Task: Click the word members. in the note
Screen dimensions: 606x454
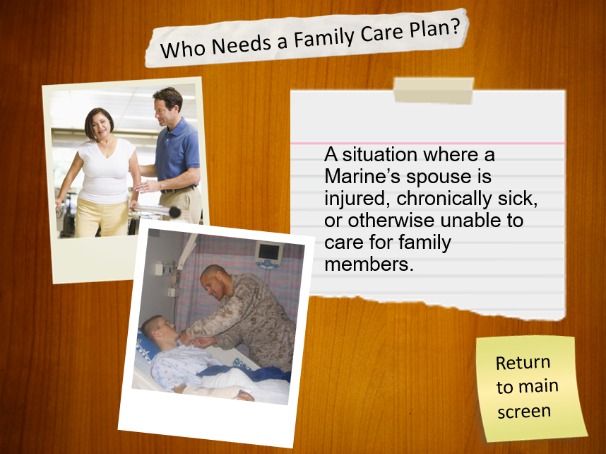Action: coord(369,264)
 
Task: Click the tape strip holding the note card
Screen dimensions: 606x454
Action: coord(434,91)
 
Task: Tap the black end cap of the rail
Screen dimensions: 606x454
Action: coord(174,212)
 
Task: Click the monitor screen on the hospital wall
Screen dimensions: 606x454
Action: coord(269,252)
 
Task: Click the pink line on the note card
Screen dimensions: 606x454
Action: coord(427,144)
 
